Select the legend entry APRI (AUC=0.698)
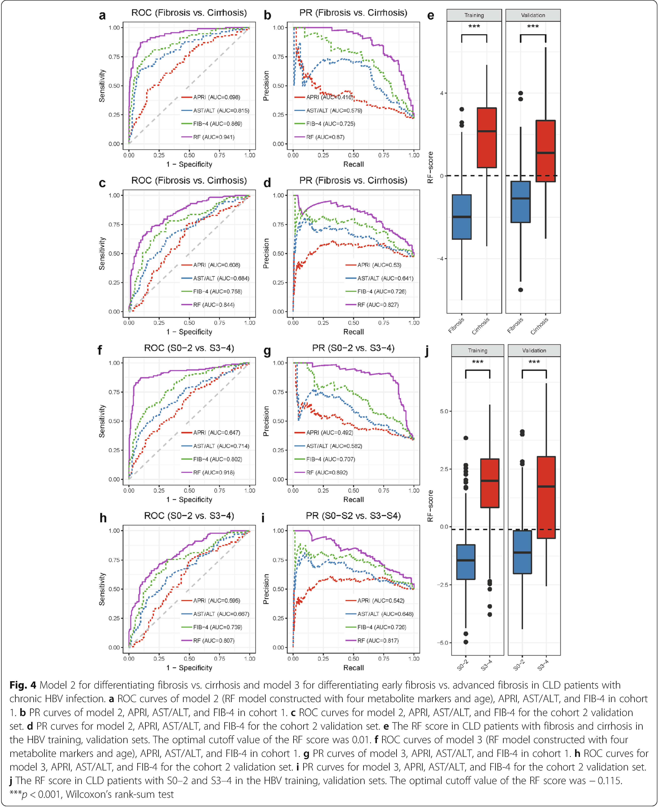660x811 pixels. pyautogui.click(x=211, y=97)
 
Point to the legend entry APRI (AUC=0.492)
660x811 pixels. pyautogui.click(x=324, y=433)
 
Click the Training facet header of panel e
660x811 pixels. pyautogui.click(x=474, y=15)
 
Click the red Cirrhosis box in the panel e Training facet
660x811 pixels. pyautogui.click(x=487, y=138)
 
